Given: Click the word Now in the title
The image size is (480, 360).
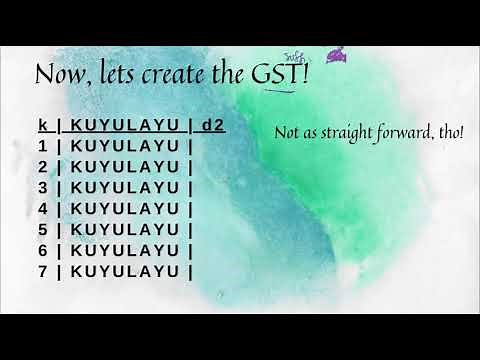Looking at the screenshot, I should [x=59, y=74].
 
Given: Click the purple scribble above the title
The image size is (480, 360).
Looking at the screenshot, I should [x=339, y=54].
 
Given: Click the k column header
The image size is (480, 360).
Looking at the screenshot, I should [x=43, y=125].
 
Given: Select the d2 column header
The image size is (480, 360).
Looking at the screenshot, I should [x=211, y=125].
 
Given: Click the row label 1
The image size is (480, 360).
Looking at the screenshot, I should [x=43, y=146].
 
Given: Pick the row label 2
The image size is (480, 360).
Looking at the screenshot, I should [x=43, y=167].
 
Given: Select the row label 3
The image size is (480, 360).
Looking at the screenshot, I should [x=43, y=188].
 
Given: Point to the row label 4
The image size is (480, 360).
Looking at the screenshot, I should [x=43, y=209].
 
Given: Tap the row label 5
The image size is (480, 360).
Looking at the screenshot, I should [x=43, y=229].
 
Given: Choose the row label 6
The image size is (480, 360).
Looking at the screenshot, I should [x=43, y=250].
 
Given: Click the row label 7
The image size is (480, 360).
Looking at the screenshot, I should [x=43, y=271].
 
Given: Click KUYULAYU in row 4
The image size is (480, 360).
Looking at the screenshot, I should [x=125, y=209].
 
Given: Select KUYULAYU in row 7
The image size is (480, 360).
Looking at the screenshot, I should [x=125, y=271].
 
